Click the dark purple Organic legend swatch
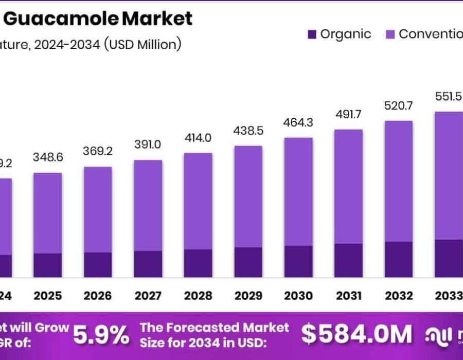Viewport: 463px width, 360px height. [311, 34]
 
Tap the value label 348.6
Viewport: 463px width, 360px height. [48, 157]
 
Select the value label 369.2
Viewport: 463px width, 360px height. [98, 152]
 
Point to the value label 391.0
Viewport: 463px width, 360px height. [148, 145]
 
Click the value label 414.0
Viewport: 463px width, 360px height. [198, 138]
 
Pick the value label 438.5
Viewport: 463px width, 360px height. [248, 131]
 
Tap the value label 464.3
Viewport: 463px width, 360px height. [298, 123]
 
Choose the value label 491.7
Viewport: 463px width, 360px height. [348, 114]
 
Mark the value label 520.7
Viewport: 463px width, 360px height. [399, 106]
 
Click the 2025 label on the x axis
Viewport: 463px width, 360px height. [48, 296]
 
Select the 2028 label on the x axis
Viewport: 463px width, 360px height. [198, 296]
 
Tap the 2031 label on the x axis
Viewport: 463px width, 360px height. [348, 296]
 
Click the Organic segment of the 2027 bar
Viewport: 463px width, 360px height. [148, 264]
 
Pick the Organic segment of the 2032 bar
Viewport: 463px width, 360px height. [399, 259]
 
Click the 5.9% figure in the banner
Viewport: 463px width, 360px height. [101, 335]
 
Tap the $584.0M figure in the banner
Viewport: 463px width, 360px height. [357, 334]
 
